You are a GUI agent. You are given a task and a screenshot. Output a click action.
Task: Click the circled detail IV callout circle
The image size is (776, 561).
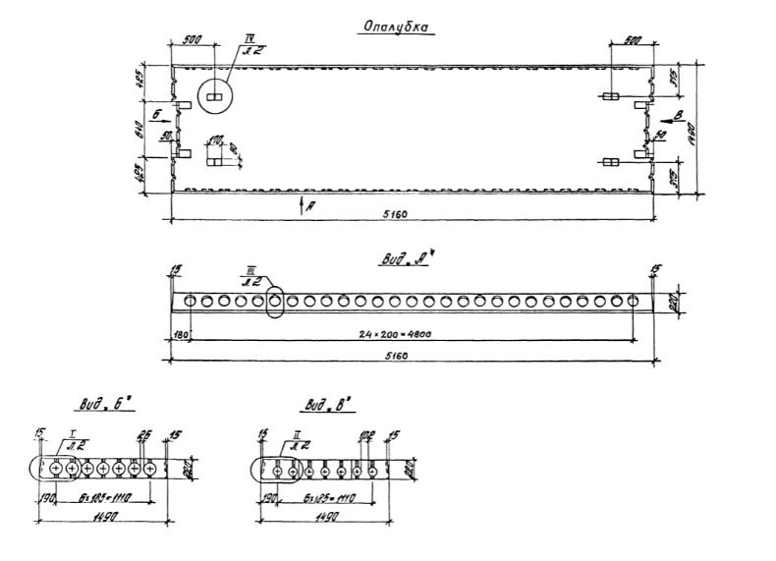coord(216,97)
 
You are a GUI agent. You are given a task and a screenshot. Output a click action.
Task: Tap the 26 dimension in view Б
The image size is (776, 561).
coord(144,434)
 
